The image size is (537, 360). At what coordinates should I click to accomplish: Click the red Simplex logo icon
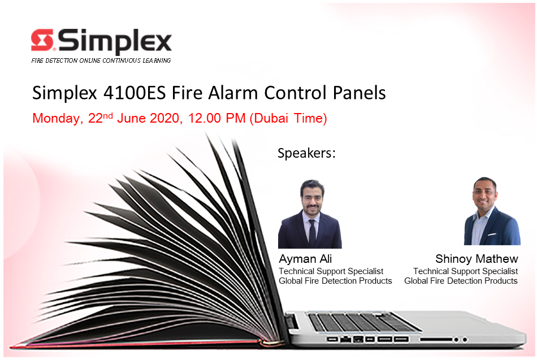[x=42, y=40]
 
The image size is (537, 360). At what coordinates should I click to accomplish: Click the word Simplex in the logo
[x=115, y=42]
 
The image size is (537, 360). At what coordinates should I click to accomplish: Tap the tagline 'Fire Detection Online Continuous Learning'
[x=101, y=60]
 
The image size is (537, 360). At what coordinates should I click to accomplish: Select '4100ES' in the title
[x=135, y=93]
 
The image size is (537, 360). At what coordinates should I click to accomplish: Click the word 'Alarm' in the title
[x=233, y=93]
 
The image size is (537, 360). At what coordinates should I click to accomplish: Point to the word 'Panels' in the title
[x=360, y=93]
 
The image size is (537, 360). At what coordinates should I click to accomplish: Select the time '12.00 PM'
[x=217, y=118]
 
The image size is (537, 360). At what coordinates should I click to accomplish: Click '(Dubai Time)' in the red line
[x=288, y=118]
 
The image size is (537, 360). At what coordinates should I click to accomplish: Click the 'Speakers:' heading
[x=306, y=153]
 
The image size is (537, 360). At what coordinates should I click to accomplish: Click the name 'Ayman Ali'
[x=305, y=259]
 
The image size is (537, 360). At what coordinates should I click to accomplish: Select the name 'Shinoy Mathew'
[x=477, y=259]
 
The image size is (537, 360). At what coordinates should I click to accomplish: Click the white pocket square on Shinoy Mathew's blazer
[x=492, y=235]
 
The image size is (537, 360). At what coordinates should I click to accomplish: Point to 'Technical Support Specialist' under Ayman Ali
[x=331, y=271]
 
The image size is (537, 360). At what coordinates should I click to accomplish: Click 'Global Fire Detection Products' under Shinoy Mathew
[x=461, y=281]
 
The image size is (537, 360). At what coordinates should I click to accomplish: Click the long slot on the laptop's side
[x=436, y=339]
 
